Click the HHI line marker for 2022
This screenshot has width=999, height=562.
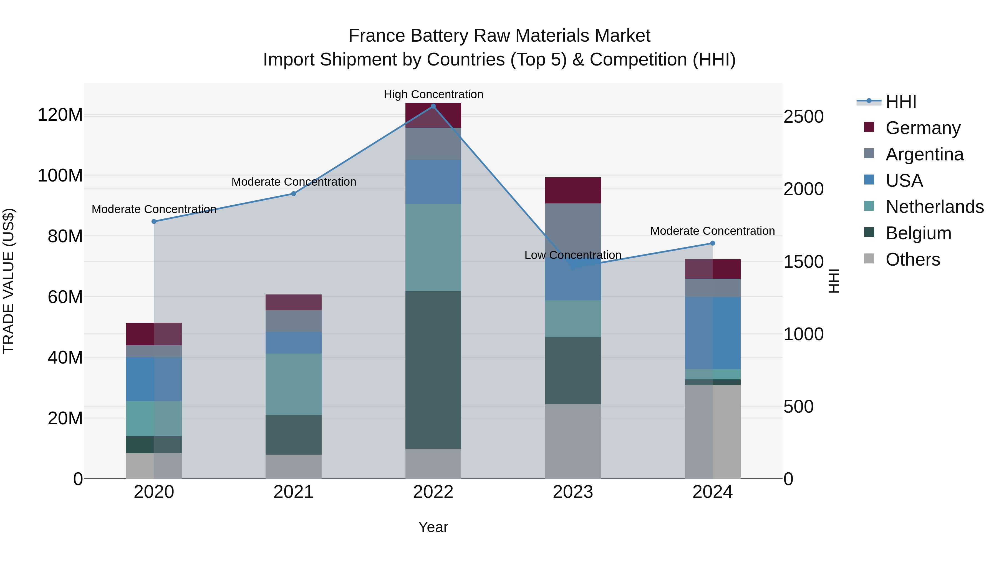click(433, 106)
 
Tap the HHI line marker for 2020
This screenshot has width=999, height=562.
click(154, 221)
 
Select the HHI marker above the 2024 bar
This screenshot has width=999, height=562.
click(712, 243)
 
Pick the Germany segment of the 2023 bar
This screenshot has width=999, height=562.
click(573, 190)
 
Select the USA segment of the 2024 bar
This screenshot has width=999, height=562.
click(712, 333)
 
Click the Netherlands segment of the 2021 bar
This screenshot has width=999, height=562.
click(294, 384)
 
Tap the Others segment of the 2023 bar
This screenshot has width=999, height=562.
click(573, 441)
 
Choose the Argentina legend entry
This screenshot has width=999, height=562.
click(924, 154)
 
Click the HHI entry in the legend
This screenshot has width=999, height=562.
click(901, 102)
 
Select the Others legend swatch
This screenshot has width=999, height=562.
click(869, 259)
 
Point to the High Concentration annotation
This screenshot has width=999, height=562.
click(433, 94)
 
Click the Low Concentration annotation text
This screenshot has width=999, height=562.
click(573, 255)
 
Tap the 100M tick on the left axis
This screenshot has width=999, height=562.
click(60, 176)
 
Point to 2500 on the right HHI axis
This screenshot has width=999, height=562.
click(803, 117)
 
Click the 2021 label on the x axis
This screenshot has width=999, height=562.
click(294, 492)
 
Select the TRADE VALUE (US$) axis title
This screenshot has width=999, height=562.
click(9, 281)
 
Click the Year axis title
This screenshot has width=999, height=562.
click(433, 527)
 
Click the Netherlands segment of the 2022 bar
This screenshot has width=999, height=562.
click(433, 248)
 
